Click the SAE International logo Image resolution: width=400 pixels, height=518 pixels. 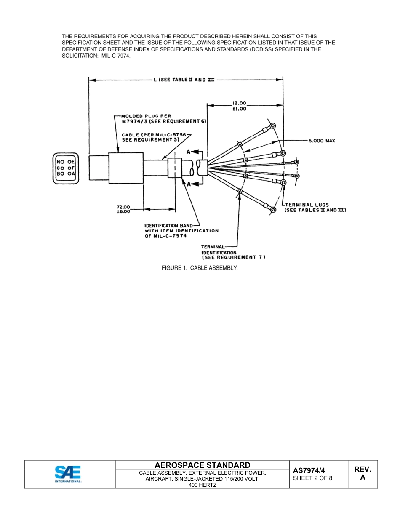68,474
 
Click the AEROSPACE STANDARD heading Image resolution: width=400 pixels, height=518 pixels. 202,465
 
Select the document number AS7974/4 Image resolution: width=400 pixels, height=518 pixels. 309,470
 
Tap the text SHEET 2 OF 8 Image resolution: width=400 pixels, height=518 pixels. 312,478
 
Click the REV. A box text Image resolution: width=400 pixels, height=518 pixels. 363,473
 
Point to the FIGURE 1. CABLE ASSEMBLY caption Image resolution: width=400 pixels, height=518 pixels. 200,268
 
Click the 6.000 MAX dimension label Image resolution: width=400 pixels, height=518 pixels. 322,141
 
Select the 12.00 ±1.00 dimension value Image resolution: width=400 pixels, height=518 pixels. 239,106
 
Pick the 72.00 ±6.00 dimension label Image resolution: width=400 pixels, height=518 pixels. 123,209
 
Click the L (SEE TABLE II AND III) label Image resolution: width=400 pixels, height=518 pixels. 184,80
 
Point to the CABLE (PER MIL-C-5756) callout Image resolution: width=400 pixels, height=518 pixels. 155,137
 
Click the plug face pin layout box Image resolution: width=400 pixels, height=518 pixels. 66,168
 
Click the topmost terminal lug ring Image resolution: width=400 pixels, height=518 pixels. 273,125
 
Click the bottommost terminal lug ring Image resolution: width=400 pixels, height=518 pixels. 273,210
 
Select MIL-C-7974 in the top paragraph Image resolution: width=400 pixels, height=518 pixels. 116,56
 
